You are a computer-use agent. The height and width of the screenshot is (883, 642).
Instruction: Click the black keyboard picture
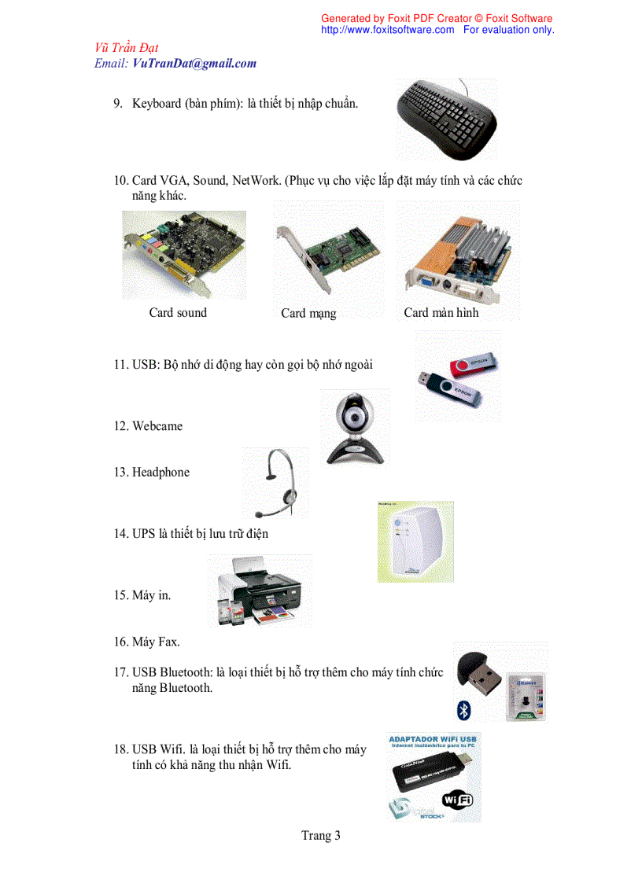pos(447,118)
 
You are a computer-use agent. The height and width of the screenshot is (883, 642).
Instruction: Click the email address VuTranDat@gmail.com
pos(194,64)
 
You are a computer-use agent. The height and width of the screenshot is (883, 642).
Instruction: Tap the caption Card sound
pos(178,313)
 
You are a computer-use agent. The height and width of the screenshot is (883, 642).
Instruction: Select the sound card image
pos(183,253)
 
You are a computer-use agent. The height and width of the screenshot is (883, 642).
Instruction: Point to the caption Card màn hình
pos(441,313)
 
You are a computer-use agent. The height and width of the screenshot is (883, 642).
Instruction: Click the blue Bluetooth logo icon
pos(464,711)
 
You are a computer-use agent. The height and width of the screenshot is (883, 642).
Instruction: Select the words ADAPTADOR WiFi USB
pos(434,740)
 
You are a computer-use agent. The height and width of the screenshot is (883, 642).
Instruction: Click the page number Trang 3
pos(321,835)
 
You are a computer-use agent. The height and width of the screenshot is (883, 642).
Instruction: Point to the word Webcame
pos(157,426)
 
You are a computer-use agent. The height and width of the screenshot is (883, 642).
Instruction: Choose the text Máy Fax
pos(156,642)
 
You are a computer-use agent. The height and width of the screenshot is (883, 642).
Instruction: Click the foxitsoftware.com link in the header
pos(388,30)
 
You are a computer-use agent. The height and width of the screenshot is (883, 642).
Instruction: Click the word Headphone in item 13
pos(160,473)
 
